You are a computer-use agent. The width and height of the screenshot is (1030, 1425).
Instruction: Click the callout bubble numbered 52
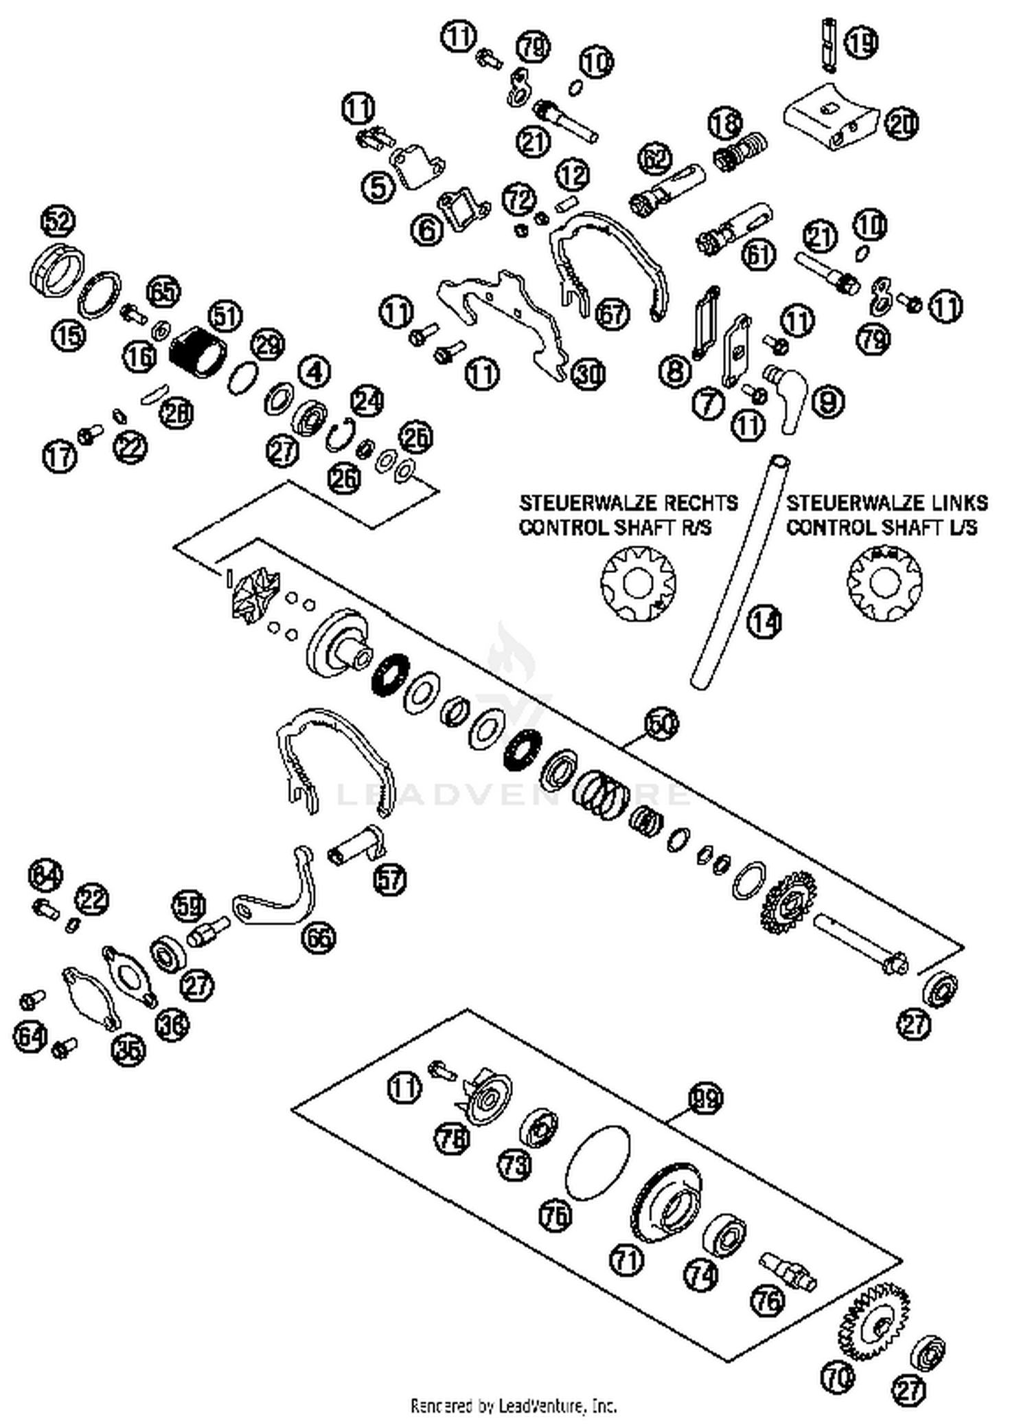58,221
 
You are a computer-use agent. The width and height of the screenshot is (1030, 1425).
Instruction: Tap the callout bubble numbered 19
861,43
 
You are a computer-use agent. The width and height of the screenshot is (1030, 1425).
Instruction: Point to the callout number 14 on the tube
764,621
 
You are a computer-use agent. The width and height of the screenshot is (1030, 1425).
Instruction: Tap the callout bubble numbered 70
838,1378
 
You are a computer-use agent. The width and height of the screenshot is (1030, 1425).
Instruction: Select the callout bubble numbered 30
588,374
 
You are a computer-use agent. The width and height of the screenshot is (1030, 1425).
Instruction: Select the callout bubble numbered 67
612,314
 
